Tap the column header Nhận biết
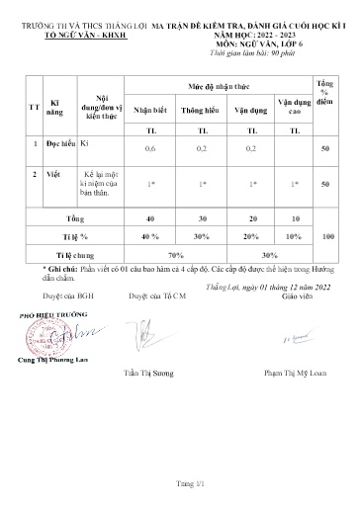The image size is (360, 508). [150, 112]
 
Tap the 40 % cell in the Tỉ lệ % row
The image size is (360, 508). [150, 237]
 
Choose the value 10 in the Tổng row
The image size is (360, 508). [295, 218]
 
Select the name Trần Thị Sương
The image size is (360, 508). [177, 377]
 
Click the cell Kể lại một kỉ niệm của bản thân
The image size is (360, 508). [102, 183]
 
